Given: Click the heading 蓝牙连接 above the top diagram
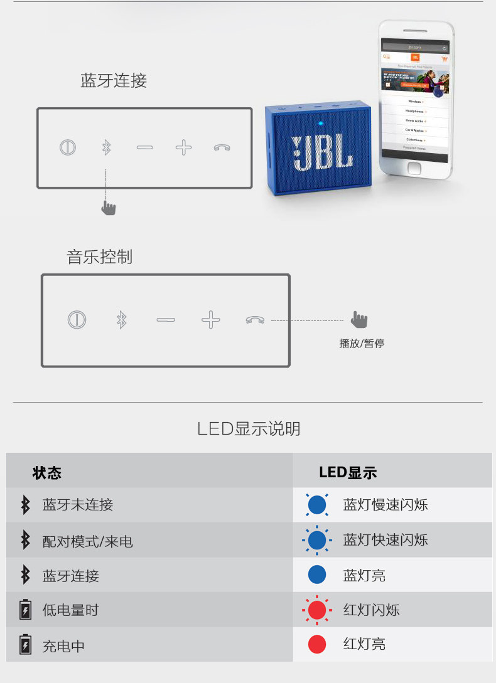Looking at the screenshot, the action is coord(113,81).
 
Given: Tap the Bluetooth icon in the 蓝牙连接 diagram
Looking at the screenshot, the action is coord(106,148).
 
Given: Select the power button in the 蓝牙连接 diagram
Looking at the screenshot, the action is coord(68,148).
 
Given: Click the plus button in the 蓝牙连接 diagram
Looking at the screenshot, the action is coord(183,148).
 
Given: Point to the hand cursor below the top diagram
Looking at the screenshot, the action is coord(109,207).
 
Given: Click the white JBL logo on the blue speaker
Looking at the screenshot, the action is coord(321,151).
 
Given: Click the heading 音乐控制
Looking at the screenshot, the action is coord(99,257).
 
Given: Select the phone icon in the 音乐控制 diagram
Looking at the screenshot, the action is coord(255,320).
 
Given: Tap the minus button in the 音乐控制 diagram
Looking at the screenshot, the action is coord(166,320).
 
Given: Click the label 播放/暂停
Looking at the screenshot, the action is coord(362,344).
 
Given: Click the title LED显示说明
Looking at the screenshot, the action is coord(249,429).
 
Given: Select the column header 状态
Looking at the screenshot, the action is coord(47,472).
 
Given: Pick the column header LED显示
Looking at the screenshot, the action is coord(348,472).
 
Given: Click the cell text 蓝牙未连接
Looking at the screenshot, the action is coord(78,505).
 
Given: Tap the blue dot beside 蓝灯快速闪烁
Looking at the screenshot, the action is coord(317,540).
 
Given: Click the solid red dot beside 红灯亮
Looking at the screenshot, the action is coord(317,644).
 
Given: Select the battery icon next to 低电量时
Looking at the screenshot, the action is coord(25,610).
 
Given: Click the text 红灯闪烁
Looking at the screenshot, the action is coord(371,610).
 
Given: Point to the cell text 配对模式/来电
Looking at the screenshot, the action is coord(87,541).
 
